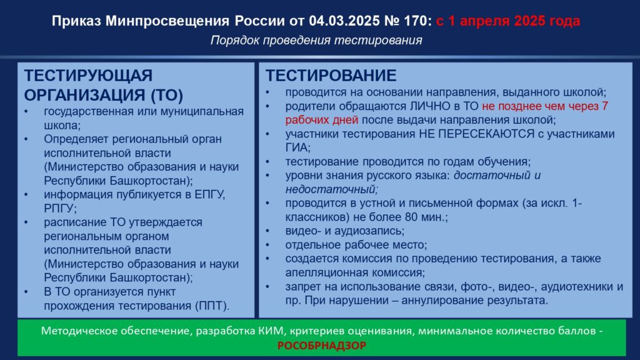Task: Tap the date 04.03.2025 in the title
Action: click(343, 21)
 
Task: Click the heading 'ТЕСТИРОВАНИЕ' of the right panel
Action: click(331, 76)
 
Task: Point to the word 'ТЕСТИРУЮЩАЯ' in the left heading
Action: click(88, 76)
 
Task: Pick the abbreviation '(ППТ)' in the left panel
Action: click(212, 306)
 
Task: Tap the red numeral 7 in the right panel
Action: click(604, 106)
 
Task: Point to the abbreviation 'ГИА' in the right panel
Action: click(297, 147)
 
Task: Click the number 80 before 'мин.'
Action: click(412, 217)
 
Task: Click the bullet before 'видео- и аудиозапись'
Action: click(267, 231)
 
